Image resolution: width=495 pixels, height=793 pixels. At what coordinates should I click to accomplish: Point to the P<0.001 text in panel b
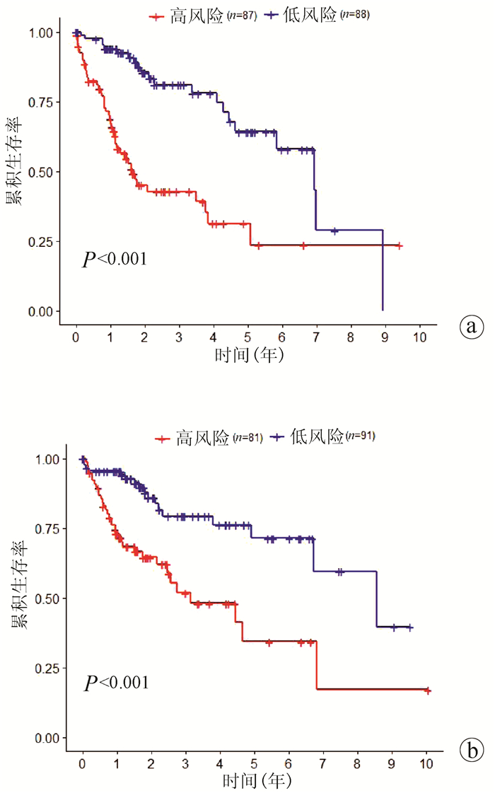(x=117, y=683)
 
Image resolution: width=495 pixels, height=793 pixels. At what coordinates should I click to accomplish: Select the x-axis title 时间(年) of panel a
(x=250, y=356)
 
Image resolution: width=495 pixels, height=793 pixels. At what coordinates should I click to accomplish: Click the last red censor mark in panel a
(x=399, y=245)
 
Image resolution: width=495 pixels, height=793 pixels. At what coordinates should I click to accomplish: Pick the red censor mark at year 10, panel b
(x=427, y=690)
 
